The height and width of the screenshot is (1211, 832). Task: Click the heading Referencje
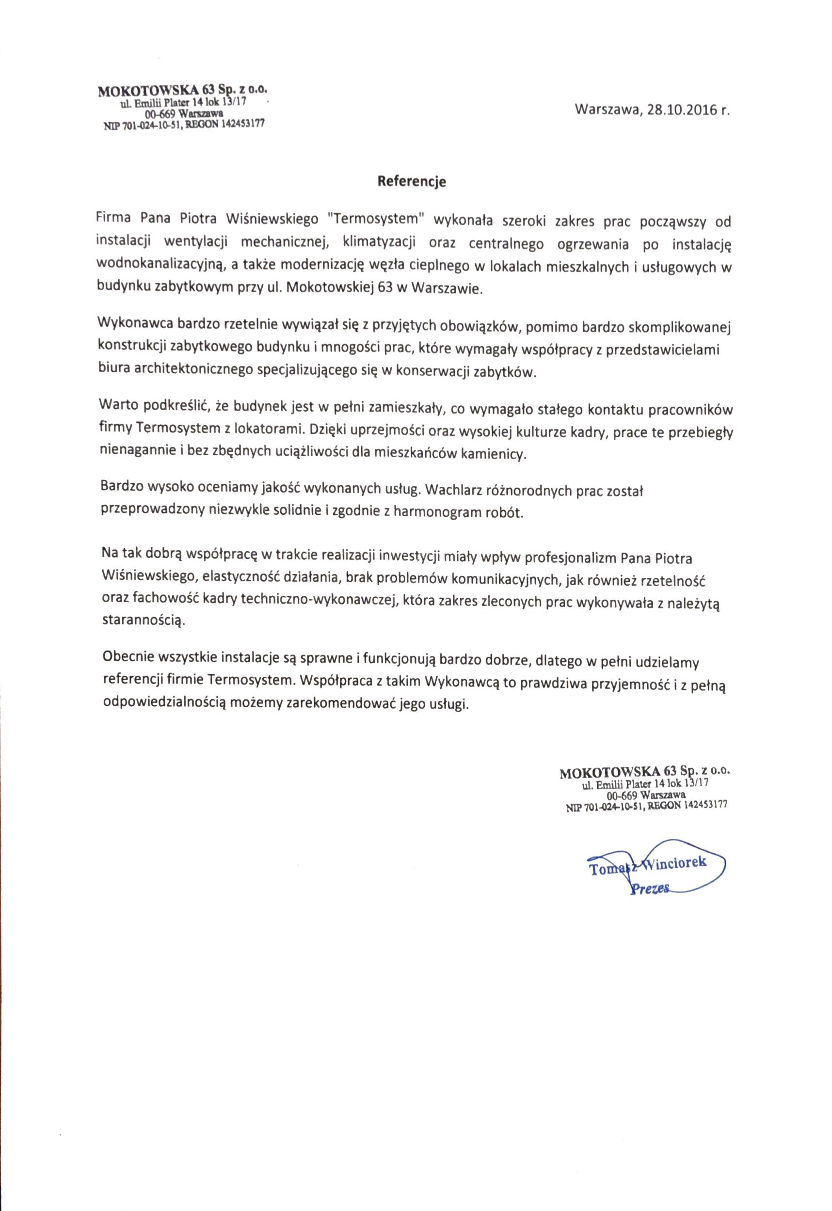click(x=412, y=182)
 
